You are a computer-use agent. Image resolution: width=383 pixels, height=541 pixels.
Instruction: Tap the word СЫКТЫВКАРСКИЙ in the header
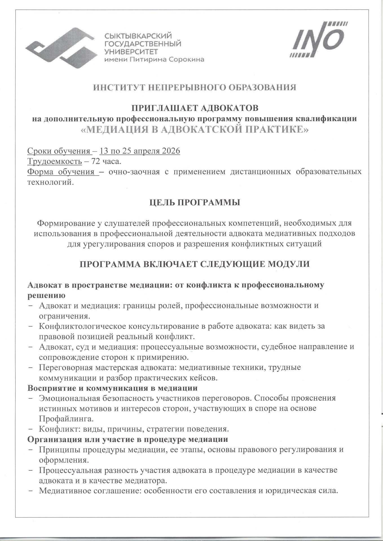pos(138,36)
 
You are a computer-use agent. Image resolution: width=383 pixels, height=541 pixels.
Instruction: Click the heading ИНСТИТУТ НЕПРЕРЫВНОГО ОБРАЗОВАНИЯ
pos(195,87)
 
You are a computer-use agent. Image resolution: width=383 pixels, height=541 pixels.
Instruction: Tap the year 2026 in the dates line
pos(171,151)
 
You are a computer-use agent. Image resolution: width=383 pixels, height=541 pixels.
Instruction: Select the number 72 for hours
pos(94,161)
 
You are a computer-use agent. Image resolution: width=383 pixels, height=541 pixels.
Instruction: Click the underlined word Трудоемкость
pos(55,161)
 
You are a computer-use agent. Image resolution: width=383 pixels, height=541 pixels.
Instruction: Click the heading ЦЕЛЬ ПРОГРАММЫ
pos(195,203)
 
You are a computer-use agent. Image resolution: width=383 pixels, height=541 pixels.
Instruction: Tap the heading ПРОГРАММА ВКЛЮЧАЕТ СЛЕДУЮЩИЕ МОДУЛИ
pos(195,264)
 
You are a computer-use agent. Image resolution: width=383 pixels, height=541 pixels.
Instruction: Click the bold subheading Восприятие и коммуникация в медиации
pos(112,388)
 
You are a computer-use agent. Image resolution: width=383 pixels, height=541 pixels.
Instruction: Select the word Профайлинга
pos(66,419)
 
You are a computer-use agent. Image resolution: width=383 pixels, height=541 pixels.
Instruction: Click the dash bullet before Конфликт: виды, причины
pos(30,429)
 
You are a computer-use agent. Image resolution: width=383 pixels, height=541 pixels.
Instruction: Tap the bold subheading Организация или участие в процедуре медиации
pos(127,439)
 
